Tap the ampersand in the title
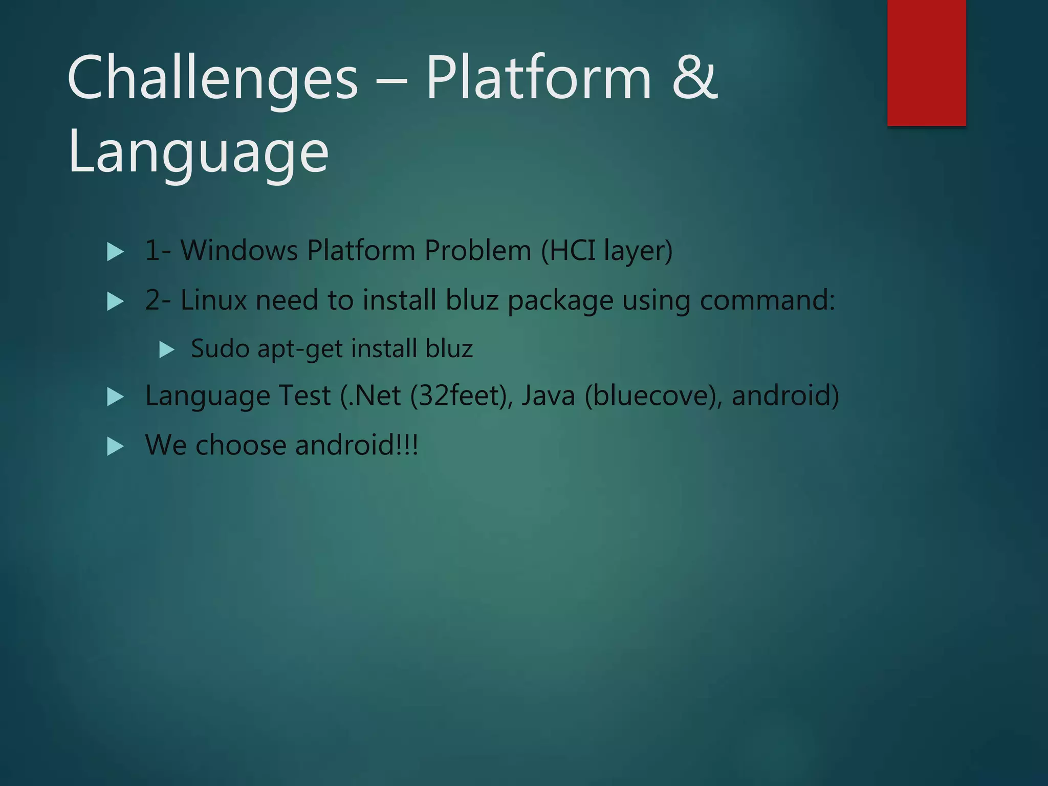tap(694, 78)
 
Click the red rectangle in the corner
tap(926, 62)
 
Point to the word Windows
tap(239, 251)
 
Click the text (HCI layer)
tap(606, 251)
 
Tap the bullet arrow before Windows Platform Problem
tap(115, 252)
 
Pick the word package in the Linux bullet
tap(560, 301)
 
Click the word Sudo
tap(220, 348)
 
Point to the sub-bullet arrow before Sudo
tap(167, 350)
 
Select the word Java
tap(548, 396)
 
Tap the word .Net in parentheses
tap(374, 396)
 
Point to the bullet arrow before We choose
tap(115, 447)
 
